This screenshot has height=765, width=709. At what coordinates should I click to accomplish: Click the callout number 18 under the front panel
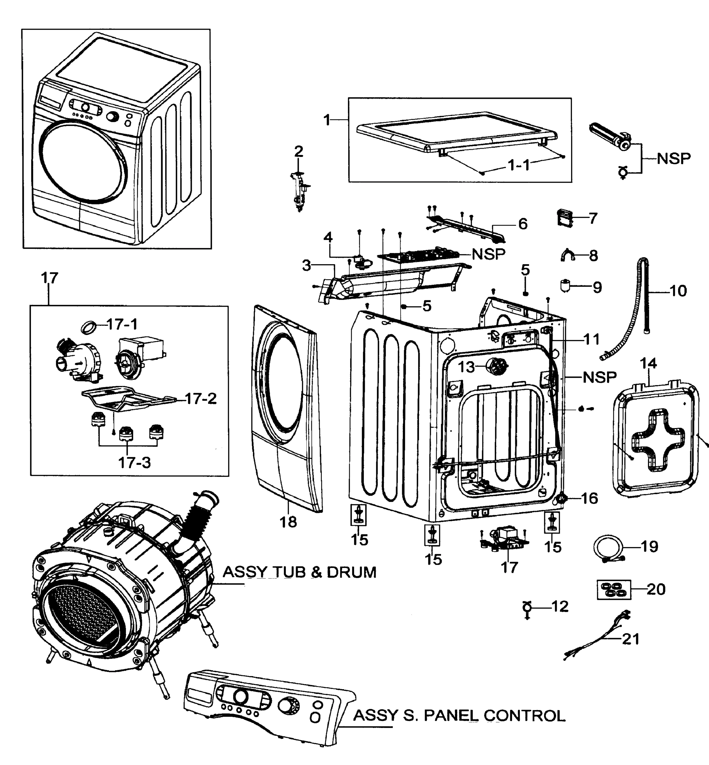click(x=288, y=522)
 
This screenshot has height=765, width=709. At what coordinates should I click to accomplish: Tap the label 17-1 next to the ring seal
click(x=122, y=325)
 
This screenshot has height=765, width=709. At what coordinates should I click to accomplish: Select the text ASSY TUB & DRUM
click(x=299, y=572)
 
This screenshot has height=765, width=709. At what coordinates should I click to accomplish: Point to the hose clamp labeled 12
click(x=527, y=608)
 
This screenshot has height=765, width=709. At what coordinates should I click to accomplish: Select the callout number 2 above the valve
click(x=299, y=151)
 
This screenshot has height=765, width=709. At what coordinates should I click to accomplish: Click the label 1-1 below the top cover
click(x=519, y=165)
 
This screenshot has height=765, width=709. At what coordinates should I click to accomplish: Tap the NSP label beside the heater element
click(x=673, y=158)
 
